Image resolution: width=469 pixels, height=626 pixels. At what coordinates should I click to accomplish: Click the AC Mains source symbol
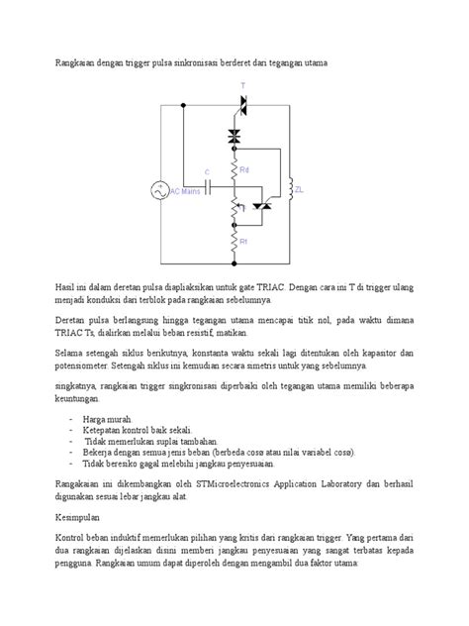click(x=159, y=190)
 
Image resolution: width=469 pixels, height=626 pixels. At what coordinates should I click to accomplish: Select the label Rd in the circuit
click(x=244, y=170)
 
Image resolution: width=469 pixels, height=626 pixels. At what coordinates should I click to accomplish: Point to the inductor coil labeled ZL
click(x=289, y=187)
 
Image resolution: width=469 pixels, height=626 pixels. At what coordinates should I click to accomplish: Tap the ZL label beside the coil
click(x=301, y=188)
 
